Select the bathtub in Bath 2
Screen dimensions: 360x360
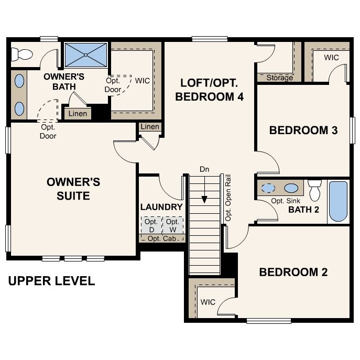click(x=338, y=201)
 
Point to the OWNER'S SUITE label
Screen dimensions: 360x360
click(x=73, y=189)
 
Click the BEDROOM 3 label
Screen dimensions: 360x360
click(x=303, y=130)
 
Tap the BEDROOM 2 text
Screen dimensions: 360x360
click(x=293, y=272)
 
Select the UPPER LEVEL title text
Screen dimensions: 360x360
click(x=51, y=281)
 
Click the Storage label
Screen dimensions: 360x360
click(x=279, y=78)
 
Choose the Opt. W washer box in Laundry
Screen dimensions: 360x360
click(x=172, y=225)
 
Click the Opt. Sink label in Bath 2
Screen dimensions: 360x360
click(x=286, y=201)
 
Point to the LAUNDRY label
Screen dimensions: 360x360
click(x=161, y=207)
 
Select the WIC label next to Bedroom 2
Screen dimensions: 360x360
click(x=208, y=302)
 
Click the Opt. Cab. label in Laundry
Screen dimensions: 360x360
click(x=161, y=239)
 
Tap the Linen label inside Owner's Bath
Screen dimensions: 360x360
click(x=78, y=114)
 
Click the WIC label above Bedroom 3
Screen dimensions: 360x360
click(x=331, y=57)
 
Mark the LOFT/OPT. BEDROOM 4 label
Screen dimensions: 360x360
click(x=210, y=90)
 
